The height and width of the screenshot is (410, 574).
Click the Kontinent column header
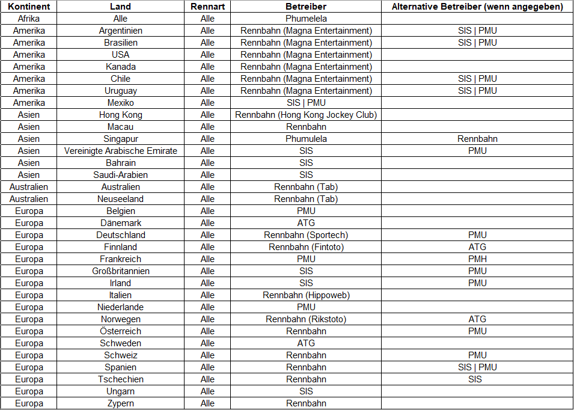pos(29,7)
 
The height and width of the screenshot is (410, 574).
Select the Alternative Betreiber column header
pos(477,7)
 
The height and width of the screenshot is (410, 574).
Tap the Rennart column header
pos(207,7)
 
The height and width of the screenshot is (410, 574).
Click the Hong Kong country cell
pos(121,115)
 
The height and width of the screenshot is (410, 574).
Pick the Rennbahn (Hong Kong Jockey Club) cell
pos(306,115)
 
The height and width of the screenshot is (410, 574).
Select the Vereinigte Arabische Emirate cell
pos(121,151)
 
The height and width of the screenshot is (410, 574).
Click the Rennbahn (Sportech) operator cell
pos(306,235)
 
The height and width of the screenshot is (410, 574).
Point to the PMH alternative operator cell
pos(477,259)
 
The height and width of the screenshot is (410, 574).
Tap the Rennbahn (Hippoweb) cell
pos(306,295)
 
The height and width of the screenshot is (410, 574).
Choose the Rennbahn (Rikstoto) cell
pos(306,319)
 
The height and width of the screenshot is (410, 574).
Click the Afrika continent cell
pos(29,19)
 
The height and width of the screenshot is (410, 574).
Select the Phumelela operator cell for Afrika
pos(306,19)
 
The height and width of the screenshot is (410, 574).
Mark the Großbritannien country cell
pos(121,271)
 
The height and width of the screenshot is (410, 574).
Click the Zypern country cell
pos(121,403)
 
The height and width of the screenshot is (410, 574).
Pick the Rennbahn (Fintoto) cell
pos(306,247)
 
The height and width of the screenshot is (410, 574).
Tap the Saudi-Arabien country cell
pos(121,175)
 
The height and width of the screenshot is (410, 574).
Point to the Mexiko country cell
pos(121,103)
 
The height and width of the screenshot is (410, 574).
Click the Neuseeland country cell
pos(121,199)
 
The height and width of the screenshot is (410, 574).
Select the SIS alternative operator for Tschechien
pos(477,379)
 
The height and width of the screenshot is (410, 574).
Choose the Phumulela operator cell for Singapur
pos(306,139)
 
